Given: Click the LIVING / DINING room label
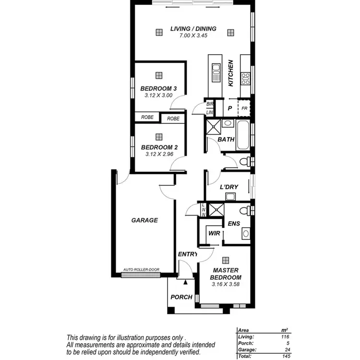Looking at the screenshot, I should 193,29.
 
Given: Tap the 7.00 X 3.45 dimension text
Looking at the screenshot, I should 193,36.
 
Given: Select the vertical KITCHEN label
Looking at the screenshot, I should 231,73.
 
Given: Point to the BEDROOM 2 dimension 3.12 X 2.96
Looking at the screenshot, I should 158,154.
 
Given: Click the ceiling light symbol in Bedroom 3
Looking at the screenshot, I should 159,75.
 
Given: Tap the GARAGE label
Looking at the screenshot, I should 144,220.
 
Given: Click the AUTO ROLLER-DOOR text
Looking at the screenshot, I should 141,270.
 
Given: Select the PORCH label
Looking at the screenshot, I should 181,297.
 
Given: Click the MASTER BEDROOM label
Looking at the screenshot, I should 226,274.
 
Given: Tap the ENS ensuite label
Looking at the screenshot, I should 234,223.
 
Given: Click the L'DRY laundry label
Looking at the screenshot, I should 229,187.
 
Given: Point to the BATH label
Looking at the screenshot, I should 226,140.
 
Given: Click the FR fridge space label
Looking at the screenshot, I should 244,108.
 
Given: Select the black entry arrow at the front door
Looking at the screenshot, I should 184,284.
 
